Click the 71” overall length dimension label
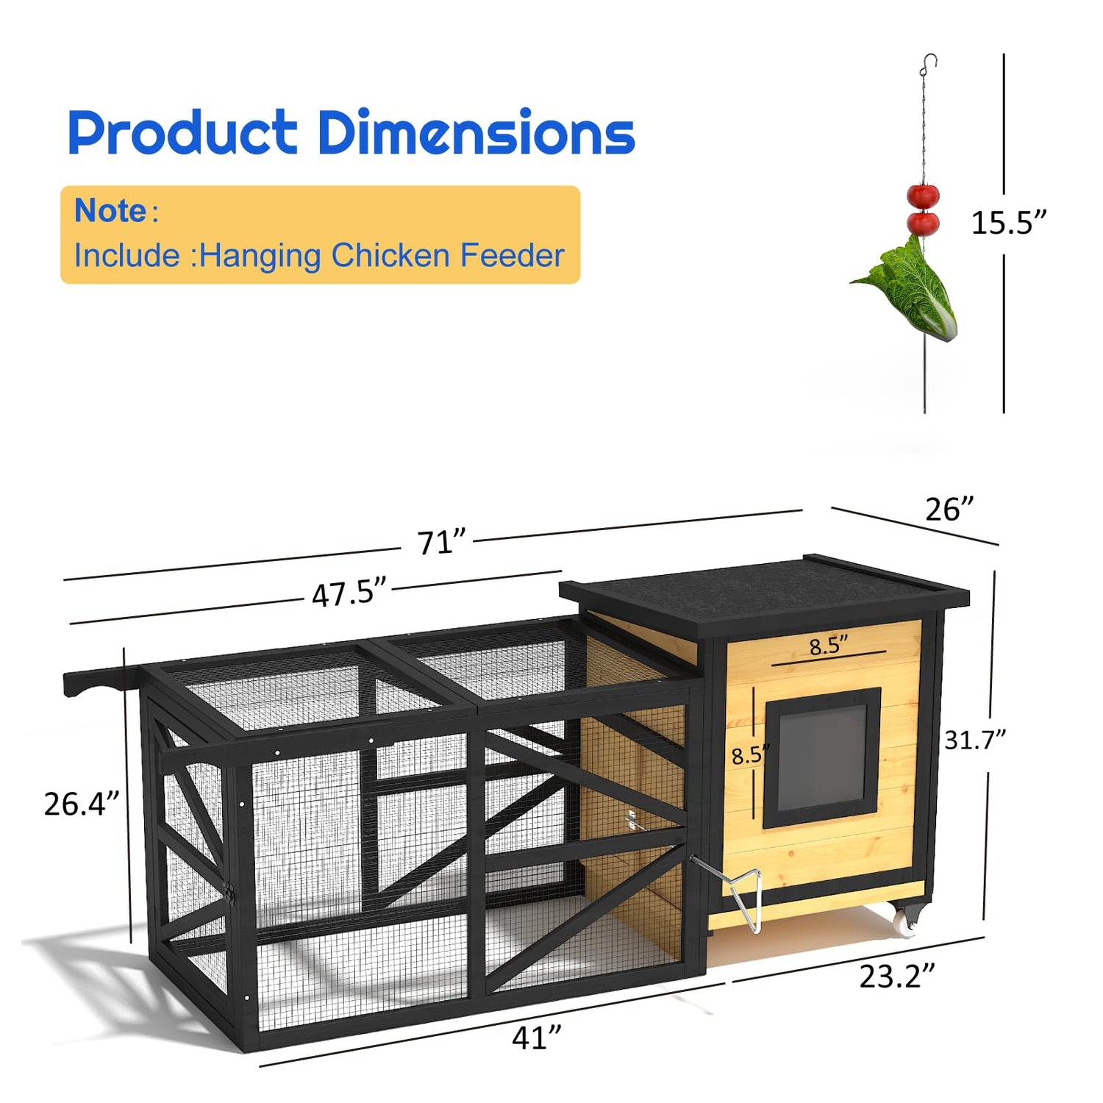tap(442, 543)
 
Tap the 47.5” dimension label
tap(349, 593)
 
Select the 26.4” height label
tap(81, 804)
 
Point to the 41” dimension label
tap(537, 1038)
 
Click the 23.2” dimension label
tap(897, 977)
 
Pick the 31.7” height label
tap(975, 740)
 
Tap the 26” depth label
tap(949, 509)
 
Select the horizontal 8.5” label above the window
tap(829, 646)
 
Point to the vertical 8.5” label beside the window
tap(751, 755)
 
